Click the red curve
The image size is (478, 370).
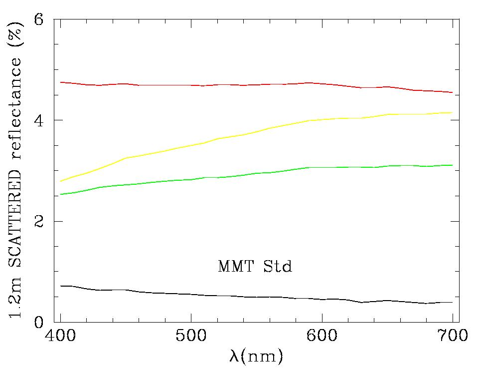249,85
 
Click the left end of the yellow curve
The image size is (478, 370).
61,181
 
